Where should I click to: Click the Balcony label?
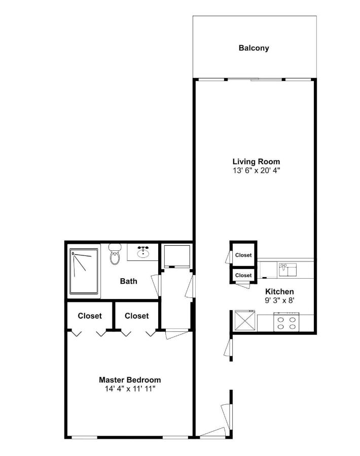click(x=254, y=48)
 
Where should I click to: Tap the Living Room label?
click(x=256, y=162)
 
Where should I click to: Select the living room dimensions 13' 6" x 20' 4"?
click(x=256, y=170)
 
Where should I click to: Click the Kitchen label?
click(x=279, y=292)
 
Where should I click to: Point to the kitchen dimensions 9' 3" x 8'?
click(x=279, y=300)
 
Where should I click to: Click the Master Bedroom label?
click(x=130, y=380)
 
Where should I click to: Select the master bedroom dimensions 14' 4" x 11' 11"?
click(x=130, y=389)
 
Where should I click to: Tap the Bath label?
click(x=129, y=281)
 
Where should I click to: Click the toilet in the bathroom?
click(x=115, y=254)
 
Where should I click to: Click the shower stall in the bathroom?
click(x=84, y=271)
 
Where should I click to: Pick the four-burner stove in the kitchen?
click(x=286, y=322)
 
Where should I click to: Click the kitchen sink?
click(x=288, y=270)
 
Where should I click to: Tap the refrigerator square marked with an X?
click(x=245, y=321)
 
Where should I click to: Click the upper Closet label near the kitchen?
click(x=243, y=255)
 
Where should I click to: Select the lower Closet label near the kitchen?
click(x=243, y=275)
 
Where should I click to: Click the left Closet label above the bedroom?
click(x=90, y=316)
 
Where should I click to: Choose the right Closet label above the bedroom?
click(x=137, y=316)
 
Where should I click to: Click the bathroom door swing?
click(x=156, y=285)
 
